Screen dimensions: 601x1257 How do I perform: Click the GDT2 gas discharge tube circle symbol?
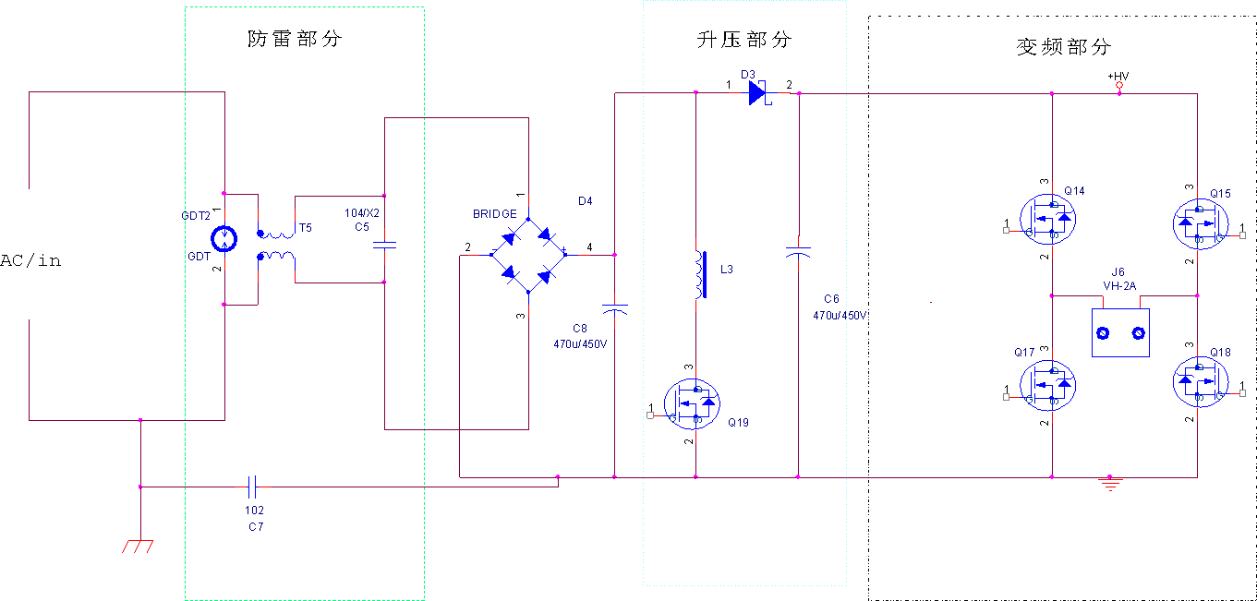pos(224,240)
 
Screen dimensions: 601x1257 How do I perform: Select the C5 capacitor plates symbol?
pos(383,246)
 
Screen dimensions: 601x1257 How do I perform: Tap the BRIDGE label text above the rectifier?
pos(495,213)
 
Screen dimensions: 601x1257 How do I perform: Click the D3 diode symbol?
pos(757,92)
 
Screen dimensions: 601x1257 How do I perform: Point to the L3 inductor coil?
pos(700,274)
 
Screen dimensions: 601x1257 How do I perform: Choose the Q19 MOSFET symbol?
pos(693,403)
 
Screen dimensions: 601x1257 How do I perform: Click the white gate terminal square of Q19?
pos(650,416)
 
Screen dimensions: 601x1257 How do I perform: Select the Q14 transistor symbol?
pos(1048,219)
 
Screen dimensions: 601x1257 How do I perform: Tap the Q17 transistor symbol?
pos(1048,385)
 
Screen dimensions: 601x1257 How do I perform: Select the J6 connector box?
pos(1120,332)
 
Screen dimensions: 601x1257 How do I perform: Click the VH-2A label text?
pos(1118,286)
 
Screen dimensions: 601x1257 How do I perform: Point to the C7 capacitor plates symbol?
pos(255,486)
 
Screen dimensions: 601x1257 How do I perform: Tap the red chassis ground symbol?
pos(138,547)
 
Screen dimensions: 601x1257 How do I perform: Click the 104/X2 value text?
pos(362,213)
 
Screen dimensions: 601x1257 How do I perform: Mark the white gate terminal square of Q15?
pos(1242,234)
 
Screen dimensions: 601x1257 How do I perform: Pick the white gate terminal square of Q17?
pos(1006,397)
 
